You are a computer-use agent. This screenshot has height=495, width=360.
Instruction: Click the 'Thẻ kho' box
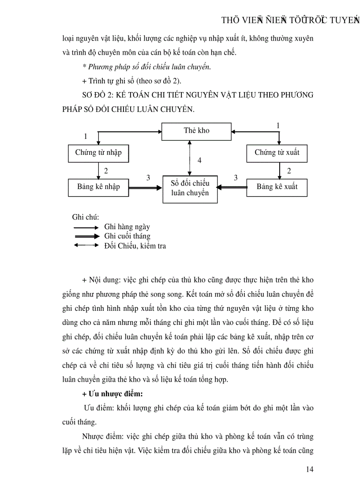tap(197, 131)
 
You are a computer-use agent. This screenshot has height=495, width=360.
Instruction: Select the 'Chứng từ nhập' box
tap(98, 153)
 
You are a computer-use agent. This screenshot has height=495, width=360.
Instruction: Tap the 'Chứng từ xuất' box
tap(277, 153)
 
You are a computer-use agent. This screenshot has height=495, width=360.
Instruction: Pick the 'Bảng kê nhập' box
tap(98, 187)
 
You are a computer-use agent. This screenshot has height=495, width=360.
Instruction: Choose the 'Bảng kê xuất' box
tap(277, 187)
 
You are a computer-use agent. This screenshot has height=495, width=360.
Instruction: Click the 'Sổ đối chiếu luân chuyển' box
tap(190, 189)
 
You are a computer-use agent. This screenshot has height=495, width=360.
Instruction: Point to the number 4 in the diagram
tap(199, 160)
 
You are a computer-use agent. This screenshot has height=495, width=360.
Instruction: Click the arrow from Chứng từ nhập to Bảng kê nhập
tap(98, 170)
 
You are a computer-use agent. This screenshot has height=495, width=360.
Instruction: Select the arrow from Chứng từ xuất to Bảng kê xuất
tap(279, 170)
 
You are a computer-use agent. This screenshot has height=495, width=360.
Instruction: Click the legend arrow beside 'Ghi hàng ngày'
tap(86, 227)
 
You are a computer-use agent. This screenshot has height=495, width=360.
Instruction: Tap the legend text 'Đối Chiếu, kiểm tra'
tap(135, 246)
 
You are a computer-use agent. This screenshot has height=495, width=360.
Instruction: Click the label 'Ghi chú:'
tap(85, 217)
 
